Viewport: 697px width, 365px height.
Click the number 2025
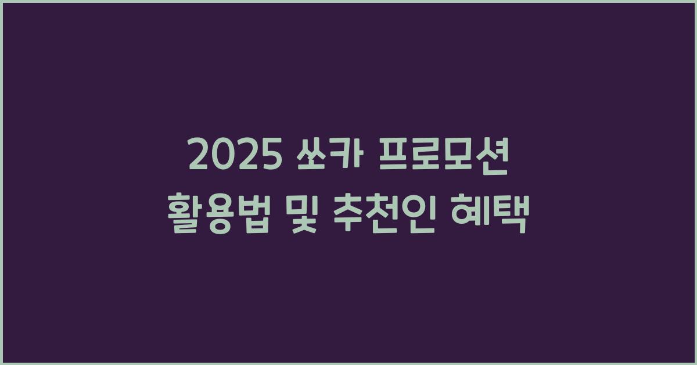[233, 156]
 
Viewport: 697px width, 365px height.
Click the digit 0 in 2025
[222, 156]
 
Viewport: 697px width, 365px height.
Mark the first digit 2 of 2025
[200, 156]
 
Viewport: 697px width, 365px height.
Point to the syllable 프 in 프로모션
[394, 156]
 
